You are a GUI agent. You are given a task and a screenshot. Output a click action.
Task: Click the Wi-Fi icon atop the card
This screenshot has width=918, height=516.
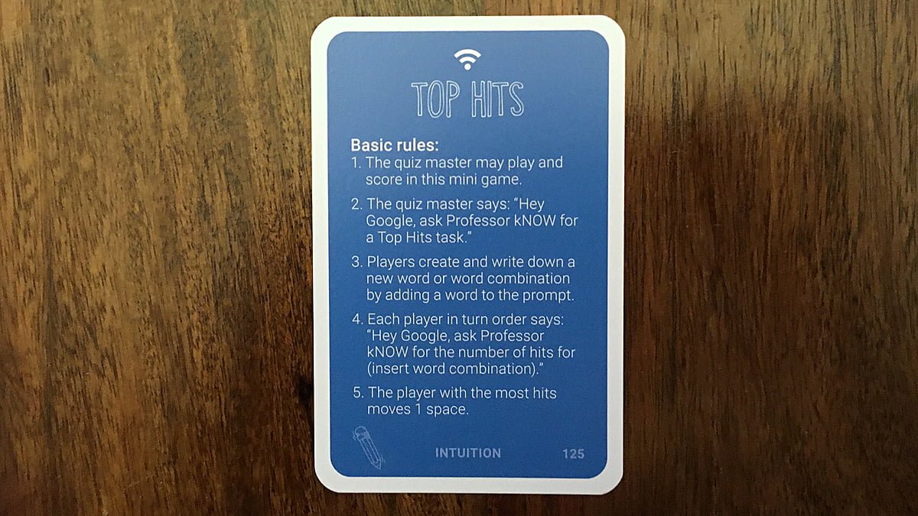pyautogui.click(x=467, y=60)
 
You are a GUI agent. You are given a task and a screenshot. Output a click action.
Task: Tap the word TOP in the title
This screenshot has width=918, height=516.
pyautogui.click(x=435, y=99)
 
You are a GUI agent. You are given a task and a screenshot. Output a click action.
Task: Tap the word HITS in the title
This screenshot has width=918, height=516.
pyautogui.click(x=497, y=99)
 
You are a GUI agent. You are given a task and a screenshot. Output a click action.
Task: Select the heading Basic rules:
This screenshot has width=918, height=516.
pyautogui.click(x=395, y=145)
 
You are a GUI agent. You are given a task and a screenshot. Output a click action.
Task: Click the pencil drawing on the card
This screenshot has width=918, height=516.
pyautogui.click(x=368, y=447)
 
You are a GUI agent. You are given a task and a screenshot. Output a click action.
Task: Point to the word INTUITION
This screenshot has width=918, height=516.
pyautogui.click(x=468, y=453)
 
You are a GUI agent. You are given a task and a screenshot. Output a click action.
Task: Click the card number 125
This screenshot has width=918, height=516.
pyautogui.click(x=573, y=454)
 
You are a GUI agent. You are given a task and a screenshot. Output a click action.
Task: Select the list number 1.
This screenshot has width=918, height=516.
pyautogui.click(x=356, y=163)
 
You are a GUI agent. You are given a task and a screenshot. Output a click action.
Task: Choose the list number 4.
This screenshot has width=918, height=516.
pyautogui.click(x=357, y=319)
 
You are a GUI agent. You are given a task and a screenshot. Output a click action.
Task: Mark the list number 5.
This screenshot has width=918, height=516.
pyautogui.click(x=358, y=393)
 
